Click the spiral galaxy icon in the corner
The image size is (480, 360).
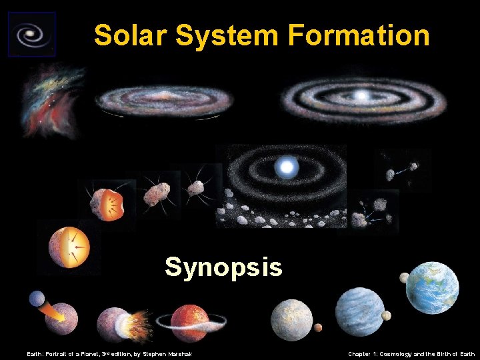coord(31,33)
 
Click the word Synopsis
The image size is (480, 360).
coord(223,267)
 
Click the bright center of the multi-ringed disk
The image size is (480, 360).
coord(361,97)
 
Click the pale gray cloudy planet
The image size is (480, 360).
coord(291,319)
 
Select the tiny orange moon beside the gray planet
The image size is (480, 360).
coord(318,327)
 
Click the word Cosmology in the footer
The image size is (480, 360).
coord(399,354)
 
